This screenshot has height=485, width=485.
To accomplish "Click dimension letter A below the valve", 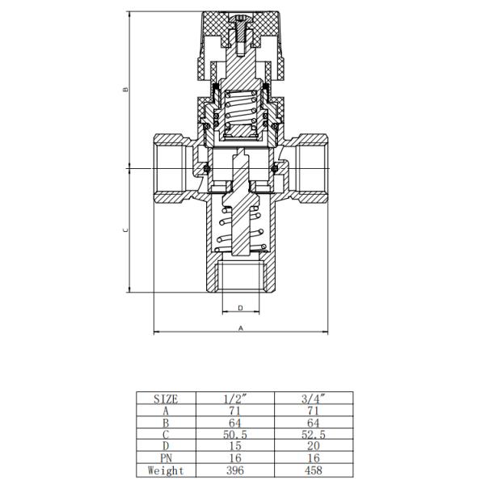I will point(241,328).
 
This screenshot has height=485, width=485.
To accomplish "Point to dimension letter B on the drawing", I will point(125,89).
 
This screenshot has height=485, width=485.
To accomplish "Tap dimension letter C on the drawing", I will point(125,230).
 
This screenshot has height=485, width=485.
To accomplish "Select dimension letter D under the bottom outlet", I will point(241,308).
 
